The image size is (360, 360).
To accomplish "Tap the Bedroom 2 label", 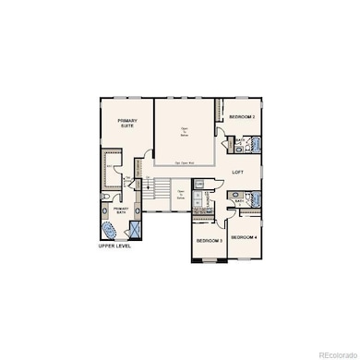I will [242, 117].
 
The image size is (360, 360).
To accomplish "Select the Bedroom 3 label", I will [209, 241].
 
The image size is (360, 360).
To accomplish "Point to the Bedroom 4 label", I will [244, 237].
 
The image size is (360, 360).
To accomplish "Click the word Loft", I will [237, 172].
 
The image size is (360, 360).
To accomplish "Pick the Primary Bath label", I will [122, 210].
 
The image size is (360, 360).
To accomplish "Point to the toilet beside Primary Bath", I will [107, 197].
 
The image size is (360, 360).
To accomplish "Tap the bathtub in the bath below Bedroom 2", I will [255, 145].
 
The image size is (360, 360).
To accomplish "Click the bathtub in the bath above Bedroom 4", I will [255, 199].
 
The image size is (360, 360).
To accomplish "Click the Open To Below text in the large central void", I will [185, 131].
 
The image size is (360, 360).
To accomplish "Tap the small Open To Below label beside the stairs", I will [181, 196].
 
